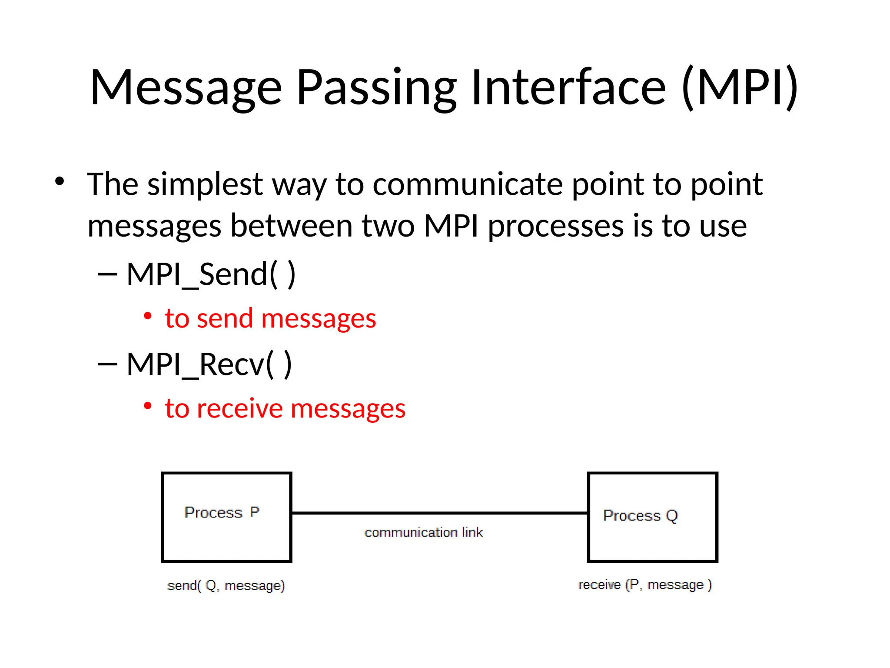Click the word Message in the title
pos(186,88)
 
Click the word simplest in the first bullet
pos(205,185)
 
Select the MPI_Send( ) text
pos(211,275)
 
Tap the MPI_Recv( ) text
pos(209,364)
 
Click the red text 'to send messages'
pos(270,319)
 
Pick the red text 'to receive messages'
pos(285,409)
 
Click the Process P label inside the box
pos(222,513)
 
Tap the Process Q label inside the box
pos(640,516)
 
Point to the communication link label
pos(424,532)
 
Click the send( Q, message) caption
pos(226,586)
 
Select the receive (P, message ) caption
pos(645,585)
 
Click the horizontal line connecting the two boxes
pos(439,513)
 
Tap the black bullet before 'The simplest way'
pos(60,181)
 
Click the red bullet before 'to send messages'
pos(148,316)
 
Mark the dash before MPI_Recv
pos(107,364)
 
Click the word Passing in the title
pos(376,88)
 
